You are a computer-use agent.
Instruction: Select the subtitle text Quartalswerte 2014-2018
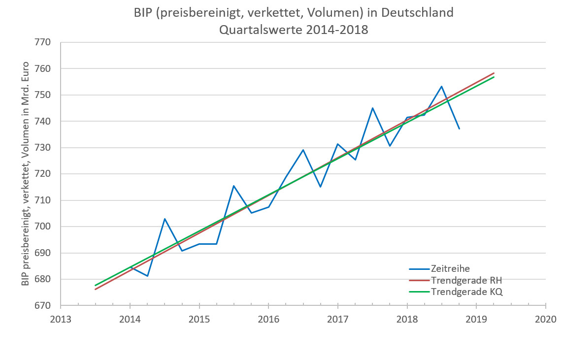294,30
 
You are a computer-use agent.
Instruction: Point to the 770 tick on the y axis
43,42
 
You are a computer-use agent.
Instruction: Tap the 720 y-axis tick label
43,174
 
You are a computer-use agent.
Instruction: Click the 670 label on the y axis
43,305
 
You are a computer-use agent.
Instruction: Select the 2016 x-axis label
268,319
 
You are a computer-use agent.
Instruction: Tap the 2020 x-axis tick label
545,319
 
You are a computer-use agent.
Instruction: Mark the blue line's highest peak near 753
441,86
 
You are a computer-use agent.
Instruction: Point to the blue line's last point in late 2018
459,129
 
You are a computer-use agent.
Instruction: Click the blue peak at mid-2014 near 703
165,219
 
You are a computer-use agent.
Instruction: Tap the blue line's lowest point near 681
147,276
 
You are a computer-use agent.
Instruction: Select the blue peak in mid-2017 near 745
372,108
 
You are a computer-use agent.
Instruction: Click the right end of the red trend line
494,73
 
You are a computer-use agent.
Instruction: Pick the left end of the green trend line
95,285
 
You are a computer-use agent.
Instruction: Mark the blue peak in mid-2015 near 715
233,186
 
